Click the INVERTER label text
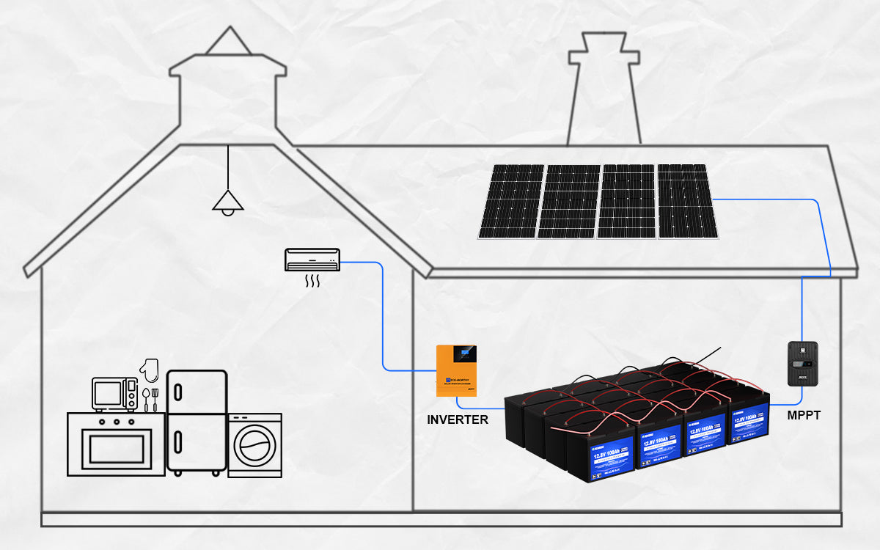tap(458, 420)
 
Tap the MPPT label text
tap(804, 416)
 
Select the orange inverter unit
tap(456, 371)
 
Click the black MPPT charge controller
tap(802, 364)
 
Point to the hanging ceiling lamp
tap(228, 201)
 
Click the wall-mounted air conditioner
tap(312, 260)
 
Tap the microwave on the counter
tap(114, 395)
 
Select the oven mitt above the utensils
tap(150, 370)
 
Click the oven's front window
tap(116, 448)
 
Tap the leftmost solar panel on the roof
tap(511, 201)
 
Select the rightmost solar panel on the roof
tap(687, 201)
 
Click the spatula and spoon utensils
tap(150, 399)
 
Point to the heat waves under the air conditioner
tap(313, 281)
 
